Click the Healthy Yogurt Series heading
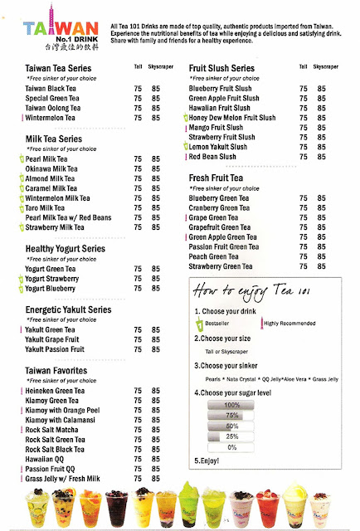click(66, 247)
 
